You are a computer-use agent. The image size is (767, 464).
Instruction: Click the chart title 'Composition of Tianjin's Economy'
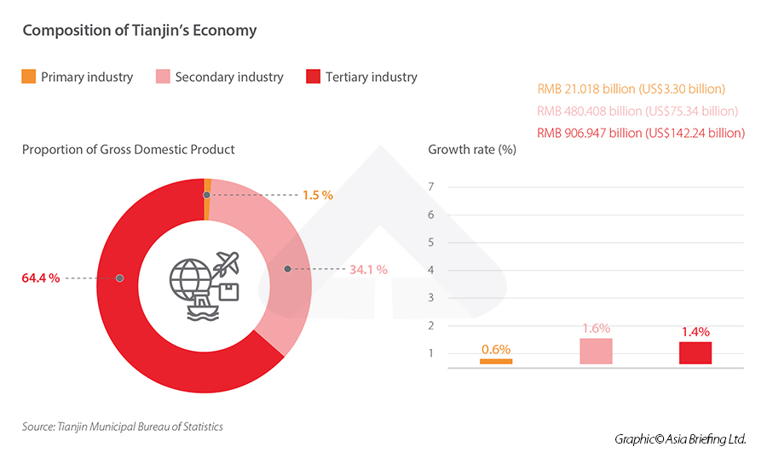tap(140, 31)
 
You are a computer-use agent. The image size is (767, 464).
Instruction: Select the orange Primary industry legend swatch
tap(29, 77)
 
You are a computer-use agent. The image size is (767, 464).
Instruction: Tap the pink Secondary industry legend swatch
tap(163, 77)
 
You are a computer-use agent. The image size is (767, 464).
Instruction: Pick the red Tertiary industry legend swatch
tap(313, 77)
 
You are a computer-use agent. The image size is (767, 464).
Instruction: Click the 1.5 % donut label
tap(317, 195)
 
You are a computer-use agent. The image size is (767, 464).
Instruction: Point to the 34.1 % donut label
tap(368, 269)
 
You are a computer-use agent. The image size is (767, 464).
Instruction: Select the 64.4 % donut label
tap(41, 278)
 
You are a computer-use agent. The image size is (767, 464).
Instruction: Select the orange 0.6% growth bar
tap(496, 361)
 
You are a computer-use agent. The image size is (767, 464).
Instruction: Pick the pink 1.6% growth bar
tap(596, 351)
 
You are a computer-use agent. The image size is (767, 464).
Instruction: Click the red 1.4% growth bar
tap(695, 352)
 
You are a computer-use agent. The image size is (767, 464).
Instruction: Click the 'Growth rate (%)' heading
tap(472, 150)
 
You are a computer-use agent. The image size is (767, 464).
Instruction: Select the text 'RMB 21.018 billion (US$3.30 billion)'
tap(631, 89)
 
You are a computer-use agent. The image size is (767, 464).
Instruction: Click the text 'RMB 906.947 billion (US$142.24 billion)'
tap(641, 133)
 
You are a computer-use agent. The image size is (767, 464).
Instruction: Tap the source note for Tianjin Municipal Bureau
tap(123, 427)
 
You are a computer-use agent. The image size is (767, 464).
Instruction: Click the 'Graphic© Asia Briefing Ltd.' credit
tap(680, 439)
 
